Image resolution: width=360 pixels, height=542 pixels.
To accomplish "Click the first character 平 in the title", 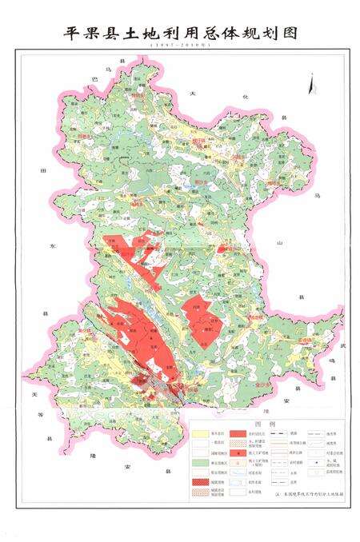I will pos(70,33).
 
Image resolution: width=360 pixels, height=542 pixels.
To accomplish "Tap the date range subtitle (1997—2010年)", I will pos(179,48).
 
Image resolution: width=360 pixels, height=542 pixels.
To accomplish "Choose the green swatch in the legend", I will pos(202,461).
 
